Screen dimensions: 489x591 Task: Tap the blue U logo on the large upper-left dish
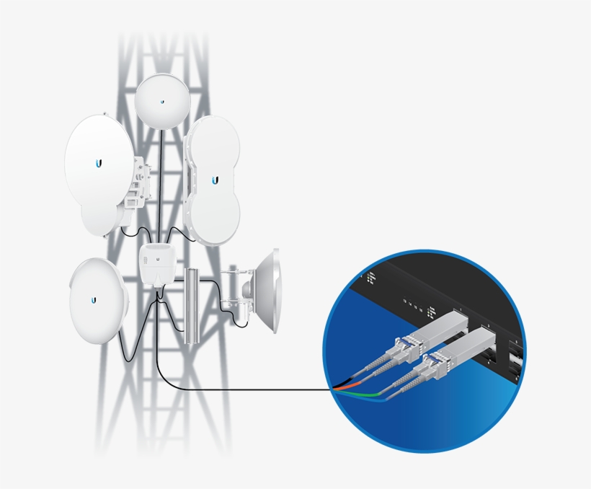99,164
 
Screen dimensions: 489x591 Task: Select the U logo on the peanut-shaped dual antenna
215,179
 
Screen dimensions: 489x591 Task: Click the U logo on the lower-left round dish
94,299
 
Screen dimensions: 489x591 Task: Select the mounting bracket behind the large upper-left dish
141,184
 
